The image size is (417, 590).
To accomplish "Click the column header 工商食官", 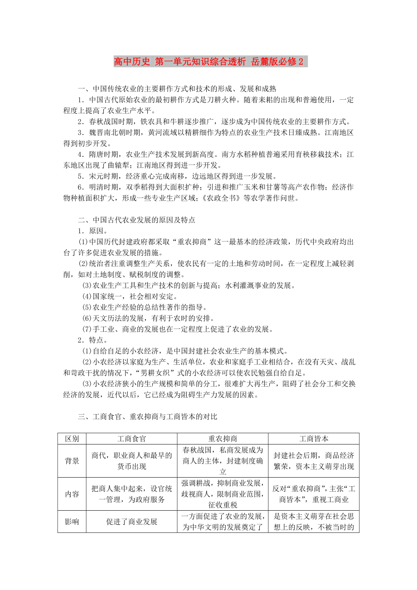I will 131,439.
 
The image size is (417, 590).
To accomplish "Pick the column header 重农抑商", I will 223,439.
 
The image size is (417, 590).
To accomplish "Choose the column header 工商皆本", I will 314,439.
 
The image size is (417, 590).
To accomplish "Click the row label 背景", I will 72,461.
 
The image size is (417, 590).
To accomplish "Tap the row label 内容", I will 72,494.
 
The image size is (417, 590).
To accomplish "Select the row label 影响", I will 72,522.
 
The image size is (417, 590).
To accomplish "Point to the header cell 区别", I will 72,439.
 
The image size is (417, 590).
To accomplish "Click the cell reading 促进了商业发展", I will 131,522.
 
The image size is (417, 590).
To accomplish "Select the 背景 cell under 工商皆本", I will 314,461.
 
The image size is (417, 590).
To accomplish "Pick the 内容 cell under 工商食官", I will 131,494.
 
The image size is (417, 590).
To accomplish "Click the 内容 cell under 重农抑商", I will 223,494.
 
